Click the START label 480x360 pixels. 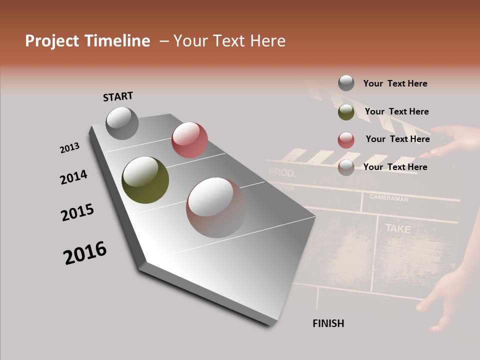point(118,96)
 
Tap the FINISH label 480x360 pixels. point(328,323)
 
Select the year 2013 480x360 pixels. point(70,148)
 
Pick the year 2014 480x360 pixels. point(74,177)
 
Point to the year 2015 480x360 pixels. point(77,212)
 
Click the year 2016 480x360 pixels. point(85,253)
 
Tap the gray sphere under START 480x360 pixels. point(122,123)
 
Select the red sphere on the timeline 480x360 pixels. point(189,140)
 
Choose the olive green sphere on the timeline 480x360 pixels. point(145,180)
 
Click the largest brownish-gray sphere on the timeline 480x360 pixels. point(216,207)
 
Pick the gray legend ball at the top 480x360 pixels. point(346,83)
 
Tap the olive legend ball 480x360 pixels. point(346,112)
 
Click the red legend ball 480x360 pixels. point(346,140)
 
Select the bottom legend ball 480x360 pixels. point(346,167)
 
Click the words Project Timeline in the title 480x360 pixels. point(87,41)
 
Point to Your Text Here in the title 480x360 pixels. point(229,41)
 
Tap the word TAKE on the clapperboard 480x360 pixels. point(398,229)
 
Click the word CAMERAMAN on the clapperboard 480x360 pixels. point(389,198)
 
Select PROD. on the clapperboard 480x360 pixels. point(282,173)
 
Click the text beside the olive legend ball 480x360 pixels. point(396,111)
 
